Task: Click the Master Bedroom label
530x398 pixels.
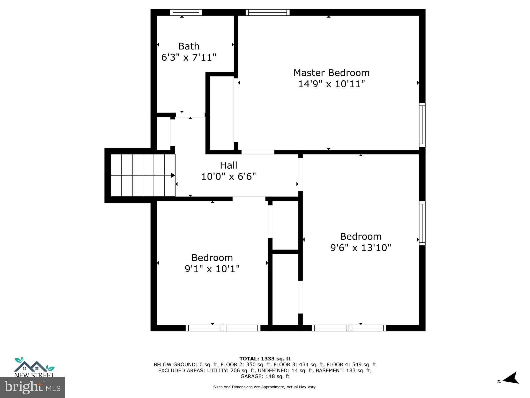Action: (x=331, y=73)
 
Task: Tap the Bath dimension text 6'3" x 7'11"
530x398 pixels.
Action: (x=189, y=57)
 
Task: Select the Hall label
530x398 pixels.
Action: (x=228, y=165)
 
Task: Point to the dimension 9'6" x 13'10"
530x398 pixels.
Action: (x=360, y=248)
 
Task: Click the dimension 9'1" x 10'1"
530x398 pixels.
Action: (x=212, y=269)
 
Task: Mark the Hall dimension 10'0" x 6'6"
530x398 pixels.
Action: (x=228, y=177)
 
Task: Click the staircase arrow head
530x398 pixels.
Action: (x=173, y=175)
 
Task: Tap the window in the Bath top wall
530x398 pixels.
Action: (x=186, y=12)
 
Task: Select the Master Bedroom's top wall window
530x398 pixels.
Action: (x=267, y=12)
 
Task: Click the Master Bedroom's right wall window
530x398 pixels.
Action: (x=422, y=125)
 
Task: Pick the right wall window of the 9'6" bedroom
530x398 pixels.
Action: (x=422, y=223)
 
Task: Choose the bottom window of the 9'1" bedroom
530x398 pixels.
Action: (x=223, y=328)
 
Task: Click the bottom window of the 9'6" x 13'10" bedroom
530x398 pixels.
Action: (x=349, y=328)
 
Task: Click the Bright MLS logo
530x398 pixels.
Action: (x=32, y=387)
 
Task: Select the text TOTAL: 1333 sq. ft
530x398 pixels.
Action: (x=265, y=359)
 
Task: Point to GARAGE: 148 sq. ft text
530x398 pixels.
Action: (x=265, y=376)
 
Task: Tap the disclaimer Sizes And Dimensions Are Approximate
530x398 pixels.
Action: (x=265, y=387)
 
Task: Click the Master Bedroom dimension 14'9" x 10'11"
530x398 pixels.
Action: (x=331, y=84)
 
